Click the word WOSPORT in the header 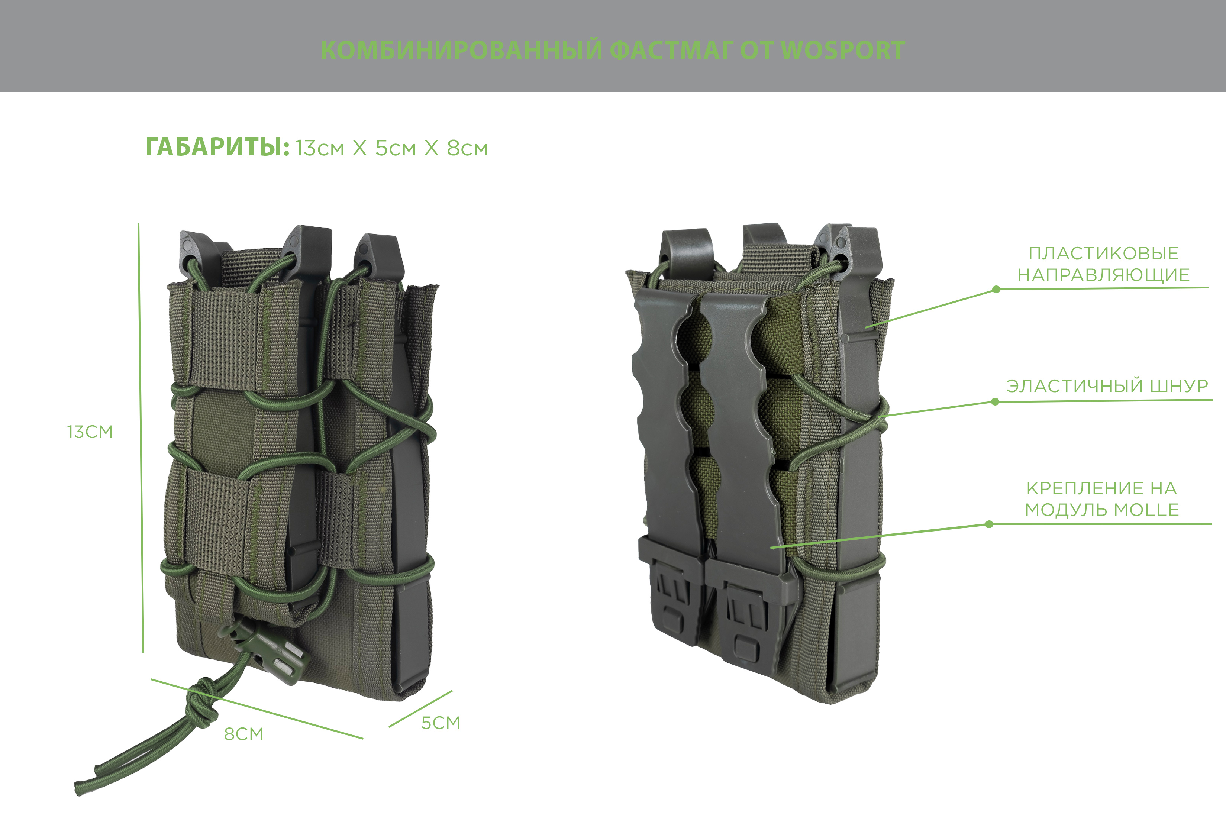[842, 51]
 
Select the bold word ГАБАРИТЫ [217, 148]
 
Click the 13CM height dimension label [90, 432]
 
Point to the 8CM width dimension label [244, 734]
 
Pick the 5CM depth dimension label [441, 723]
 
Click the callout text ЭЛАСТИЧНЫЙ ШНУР [1107, 386]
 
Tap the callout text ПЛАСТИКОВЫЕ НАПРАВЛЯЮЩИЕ [1104, 264]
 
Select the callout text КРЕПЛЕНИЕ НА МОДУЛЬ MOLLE [1102, 499]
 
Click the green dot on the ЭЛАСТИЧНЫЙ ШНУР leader [995, 402]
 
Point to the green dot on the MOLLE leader [989, 524]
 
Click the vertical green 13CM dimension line [141, 438]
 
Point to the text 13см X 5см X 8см [392, 149]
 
